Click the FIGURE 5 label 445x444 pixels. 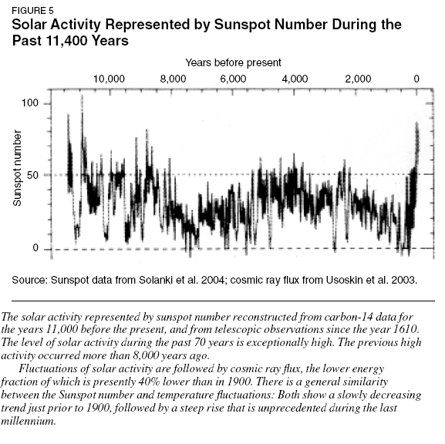coord(32,11)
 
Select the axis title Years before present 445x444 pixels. coord(233,62)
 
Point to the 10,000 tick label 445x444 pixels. coord(109,79)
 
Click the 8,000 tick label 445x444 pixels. coord(173,79)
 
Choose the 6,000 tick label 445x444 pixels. coord(233,79)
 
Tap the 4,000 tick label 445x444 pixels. coord(295,79)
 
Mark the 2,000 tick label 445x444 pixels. coord(358,79)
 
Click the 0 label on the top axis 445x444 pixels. coord(416,79)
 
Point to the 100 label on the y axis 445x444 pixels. coord(30,103)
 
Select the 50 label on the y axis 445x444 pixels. coord(32,175)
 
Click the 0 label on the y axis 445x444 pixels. coord(35,248)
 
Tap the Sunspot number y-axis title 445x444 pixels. coord(17,168)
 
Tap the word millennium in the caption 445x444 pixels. coord(28,421)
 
